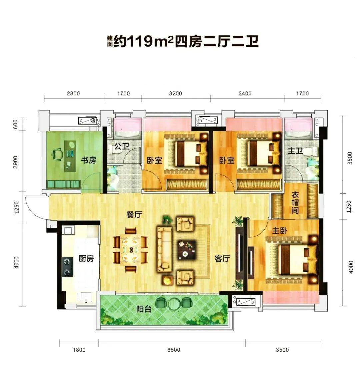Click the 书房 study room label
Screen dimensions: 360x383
[x=89, y=160]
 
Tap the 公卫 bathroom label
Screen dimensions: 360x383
[x=122, y=147]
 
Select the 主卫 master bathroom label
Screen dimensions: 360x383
[x=295, y=151]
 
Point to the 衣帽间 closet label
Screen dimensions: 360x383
[x=295, y=203]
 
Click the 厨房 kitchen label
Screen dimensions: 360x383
[x=86, y=258]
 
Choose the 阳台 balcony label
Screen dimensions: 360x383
[x=144, y=309]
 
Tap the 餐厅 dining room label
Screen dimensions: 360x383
[x=134, y=214]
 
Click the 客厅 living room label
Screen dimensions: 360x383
[x=222, y=258]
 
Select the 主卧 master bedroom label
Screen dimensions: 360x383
[x=280, y=231]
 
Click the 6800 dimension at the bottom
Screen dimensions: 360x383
[x=174, y=350]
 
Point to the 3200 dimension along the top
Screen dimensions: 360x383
[x=175, y=93]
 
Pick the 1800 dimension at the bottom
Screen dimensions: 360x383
[x=79, y=350]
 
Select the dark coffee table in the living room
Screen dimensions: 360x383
[x=186, y=250]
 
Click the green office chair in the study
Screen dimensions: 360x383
[x=57, y=154]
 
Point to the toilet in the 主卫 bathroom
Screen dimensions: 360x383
[x=313, y=151]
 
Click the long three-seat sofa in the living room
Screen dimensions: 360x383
[x=164, y=249]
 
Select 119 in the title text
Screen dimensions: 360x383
[x=140, y=42]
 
